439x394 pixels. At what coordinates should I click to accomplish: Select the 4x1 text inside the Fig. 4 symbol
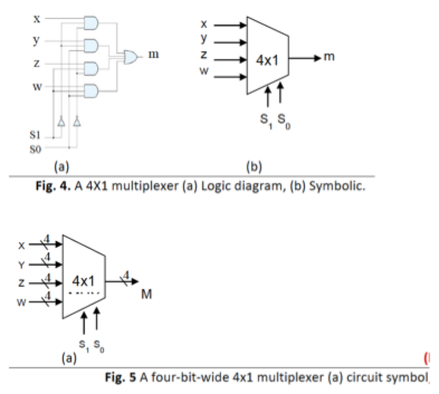[267, 60]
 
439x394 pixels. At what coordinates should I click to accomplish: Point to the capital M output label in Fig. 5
[146, 294]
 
